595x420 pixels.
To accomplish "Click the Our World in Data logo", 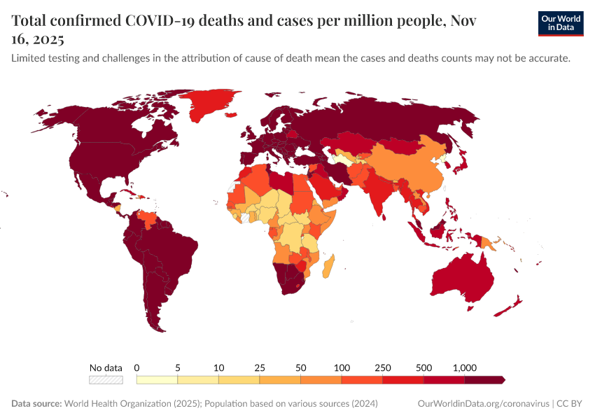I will pyautogui.click(x=560, y=23).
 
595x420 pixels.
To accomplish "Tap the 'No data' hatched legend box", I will pyautogui.click(x=106, y=380).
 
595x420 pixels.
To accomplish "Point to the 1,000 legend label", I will pyautogui.click(x=464, y=367).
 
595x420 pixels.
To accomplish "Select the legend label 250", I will pyautogui.click(x=383, y=367).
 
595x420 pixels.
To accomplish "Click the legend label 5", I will pyautogui.click(x=178, y=367).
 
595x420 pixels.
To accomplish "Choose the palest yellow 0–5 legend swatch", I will pyautogui.click(x=157, y=380).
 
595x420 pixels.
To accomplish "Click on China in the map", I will pyautogui.click(x=413, y=168).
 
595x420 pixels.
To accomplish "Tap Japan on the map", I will pyautogui.click(x=462, y=162).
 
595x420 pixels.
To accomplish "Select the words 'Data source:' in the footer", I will pyautogui.click(x=36, y=404).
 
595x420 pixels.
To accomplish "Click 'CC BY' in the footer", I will pyautogui.click(x=570, y=404).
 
